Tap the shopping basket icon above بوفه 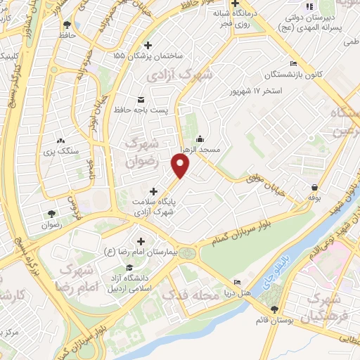[x=314, y=187]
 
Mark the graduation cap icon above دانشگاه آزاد [x=129, y=268]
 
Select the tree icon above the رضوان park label [x=52, y=214]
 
